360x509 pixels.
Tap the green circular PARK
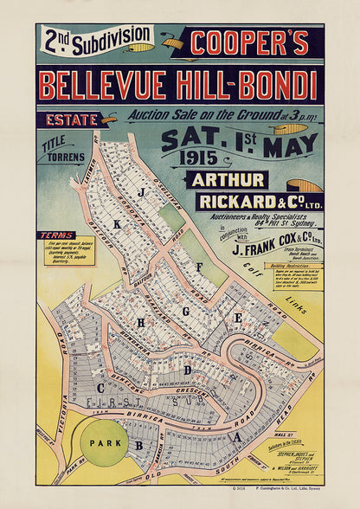pos(104,442)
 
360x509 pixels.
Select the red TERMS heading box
pos(56,235)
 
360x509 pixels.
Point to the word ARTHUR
pos(228,180)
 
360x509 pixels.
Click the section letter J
pos(141,191)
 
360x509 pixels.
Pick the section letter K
pos(118,222)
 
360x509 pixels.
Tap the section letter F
pos(199,267)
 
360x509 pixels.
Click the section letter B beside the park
pos(138,446)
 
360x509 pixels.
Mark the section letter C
pos(101,388)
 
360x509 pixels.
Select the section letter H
pos(140,321)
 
